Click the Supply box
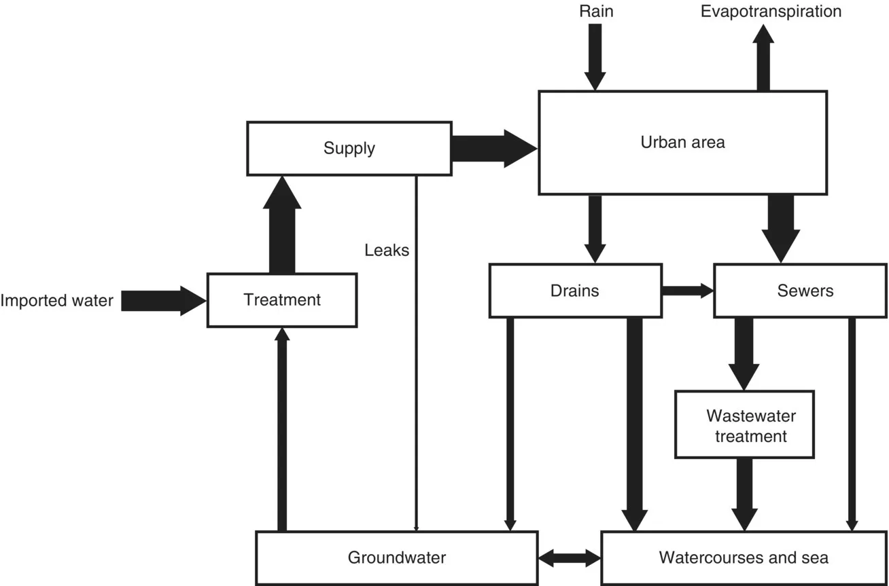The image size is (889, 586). pyautogui.click(x=349, y=148)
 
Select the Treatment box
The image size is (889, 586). pyautogui.click(x=282, y=300)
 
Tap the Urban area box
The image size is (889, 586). pyautogui.click(x=682, y=143)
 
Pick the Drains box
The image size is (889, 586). pyautogui.click(x=575, y=291)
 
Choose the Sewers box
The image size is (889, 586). pyautogui.click(x=805, y=291)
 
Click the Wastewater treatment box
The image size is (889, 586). pyautogui.click(x=744, y=424)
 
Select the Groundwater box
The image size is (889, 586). pyautogui.click(x=396, y=558)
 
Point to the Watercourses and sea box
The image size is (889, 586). pyautogui.click(x=744, y=558)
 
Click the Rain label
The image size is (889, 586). pyautogui.click(x=596, y=12)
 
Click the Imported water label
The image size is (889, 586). pyautogui.click(x=56, y=300)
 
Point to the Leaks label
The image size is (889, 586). pyautogui.click(x=387, y=250)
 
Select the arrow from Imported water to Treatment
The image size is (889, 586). pyautogui.click(x=163, y=300)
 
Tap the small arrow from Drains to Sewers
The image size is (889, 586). pyautogui.click(x=686, y=291)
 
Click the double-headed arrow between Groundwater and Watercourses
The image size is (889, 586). pyautogui.click(x=570, y=558)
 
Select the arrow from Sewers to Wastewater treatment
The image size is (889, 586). pyautogui.click(x=744, y=353)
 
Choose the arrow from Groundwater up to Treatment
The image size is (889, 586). pyautogui.click(x=282, y=428)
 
